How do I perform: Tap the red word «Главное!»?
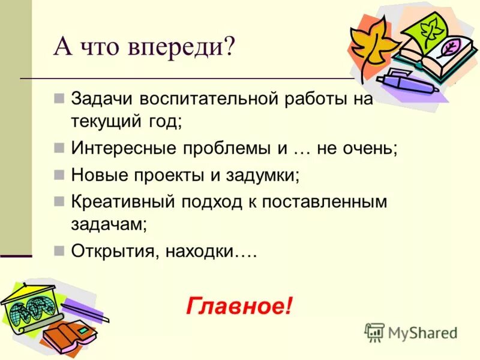[x=239, y=306]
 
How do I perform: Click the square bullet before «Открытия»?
[x=59, y=251]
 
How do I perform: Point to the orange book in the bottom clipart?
[x=66, y=336]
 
